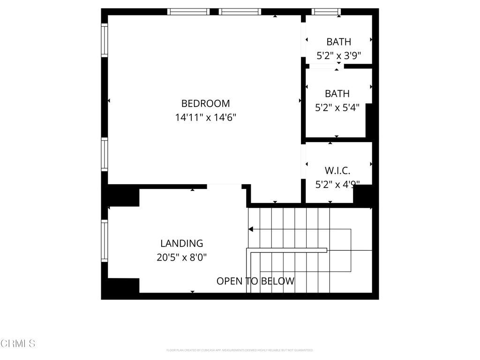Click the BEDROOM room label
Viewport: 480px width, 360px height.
[205, 103]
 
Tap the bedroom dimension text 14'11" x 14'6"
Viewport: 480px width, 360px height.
[205, 117]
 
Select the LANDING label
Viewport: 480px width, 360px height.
[181, 243]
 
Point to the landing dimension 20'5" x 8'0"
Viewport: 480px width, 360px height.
[181, 257]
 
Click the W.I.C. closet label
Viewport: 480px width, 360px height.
[337, 170]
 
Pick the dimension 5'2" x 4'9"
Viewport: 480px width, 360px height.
[337, 184]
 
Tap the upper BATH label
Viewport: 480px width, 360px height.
[338, 42]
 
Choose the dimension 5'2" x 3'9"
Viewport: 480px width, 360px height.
[338, 56]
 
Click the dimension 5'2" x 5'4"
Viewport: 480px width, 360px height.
[337, 108]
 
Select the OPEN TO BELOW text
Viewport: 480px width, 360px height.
[255, 281]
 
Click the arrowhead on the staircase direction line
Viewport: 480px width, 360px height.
[251, 229]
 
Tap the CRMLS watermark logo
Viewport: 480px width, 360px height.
[18, 344]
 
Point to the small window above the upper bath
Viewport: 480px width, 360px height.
[326, 12]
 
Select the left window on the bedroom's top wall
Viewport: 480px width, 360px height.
[188, 12]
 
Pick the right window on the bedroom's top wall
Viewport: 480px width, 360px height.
[240, 12]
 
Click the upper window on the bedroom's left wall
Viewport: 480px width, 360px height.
[105, 40]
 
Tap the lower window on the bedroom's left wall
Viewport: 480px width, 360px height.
[105, 154]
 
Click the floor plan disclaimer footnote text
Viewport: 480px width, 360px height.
[240, 350]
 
